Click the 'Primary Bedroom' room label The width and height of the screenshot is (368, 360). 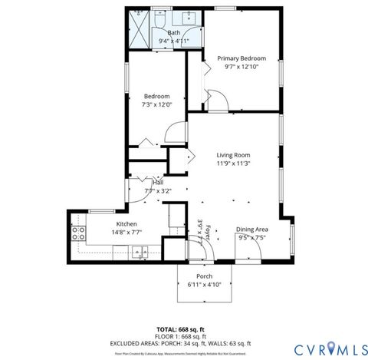241,58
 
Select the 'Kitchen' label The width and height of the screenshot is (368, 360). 105,223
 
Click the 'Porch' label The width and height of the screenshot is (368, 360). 204,276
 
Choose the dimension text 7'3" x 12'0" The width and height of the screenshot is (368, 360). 156,105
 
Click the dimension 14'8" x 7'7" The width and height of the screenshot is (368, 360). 105,233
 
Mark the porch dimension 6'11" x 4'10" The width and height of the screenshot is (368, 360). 204,285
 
